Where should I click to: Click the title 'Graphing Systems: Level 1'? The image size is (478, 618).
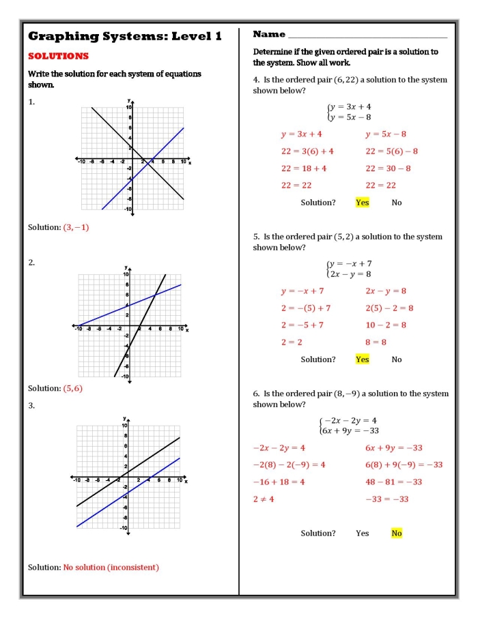tap(124, 36)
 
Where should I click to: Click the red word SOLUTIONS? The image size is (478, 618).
tap(58, 56)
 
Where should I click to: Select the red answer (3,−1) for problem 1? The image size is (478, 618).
tap(76, 227)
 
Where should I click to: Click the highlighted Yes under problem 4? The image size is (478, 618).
tap(362, 203)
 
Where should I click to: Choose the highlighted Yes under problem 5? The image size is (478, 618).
tap(362, 359)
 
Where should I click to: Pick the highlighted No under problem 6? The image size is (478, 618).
tap(397, 533)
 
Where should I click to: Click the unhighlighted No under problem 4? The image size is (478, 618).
tap(397, 203)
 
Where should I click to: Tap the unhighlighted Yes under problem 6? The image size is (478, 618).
tap(362, 533)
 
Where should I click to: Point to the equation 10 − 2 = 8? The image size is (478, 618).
tap(386, 325)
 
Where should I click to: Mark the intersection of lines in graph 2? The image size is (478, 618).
tap(156, 295)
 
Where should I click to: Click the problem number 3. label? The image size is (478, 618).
tap(31, 406)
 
